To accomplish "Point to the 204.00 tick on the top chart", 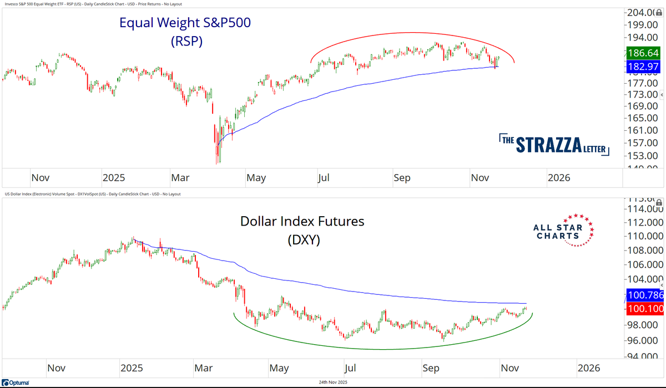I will (642, 13).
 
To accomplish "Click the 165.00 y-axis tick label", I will (642, 118).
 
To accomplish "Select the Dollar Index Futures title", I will (302, 221).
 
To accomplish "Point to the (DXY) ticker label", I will (302, 240).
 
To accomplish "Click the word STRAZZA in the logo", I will (548, 145).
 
